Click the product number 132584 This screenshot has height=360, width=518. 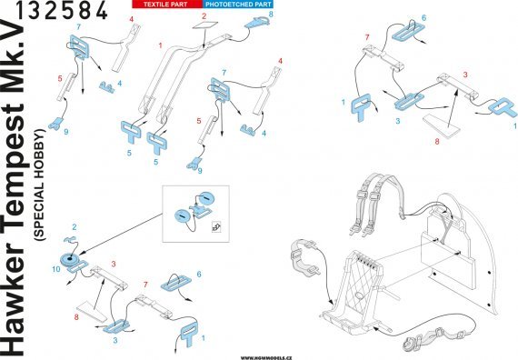(x=56, y=12)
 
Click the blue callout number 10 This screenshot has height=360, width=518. (x=57, y=270)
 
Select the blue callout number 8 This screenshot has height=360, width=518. (x=273, y=15)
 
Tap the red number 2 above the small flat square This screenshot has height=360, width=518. (x=204, y=16)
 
